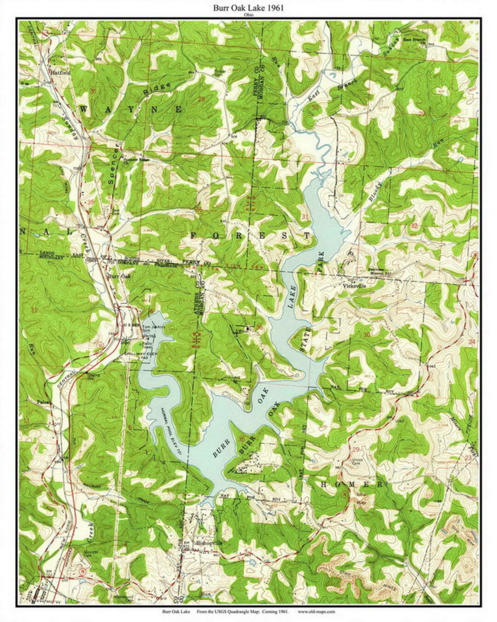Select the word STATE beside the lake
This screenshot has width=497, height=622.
[303, 341]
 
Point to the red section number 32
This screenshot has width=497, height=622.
[414, 226]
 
